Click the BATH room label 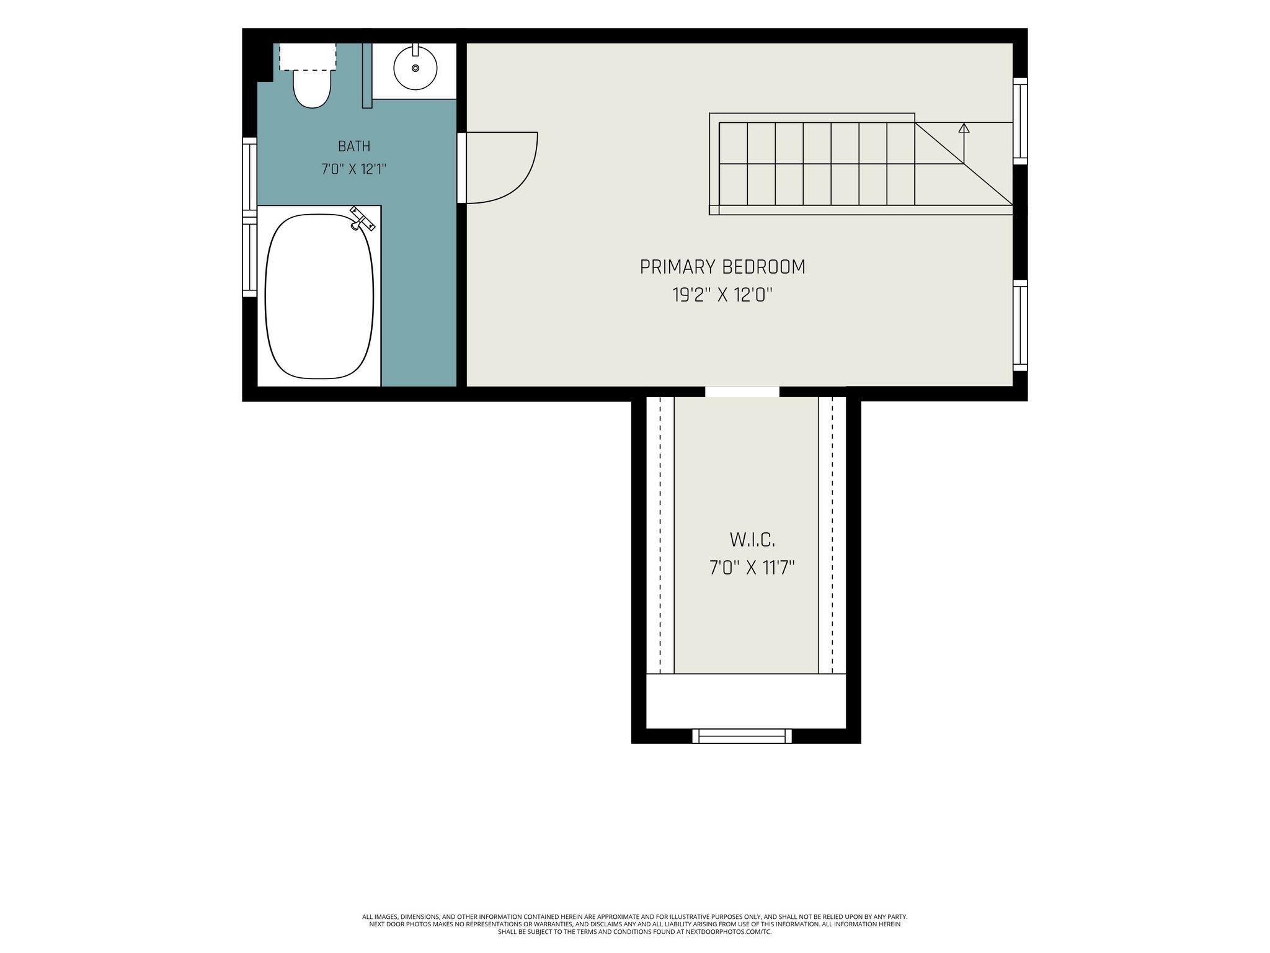[x=354, y=146]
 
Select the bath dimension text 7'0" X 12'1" [x=354, y=169]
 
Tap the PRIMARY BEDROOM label [x=722, y=267]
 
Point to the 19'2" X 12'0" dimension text [x=722, y=295]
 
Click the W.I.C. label [x=752, y=540]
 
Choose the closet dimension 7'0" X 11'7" [x=752, y=568]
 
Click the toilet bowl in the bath [x=312, y=88]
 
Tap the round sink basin [x=415, y=68]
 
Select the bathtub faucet [x=362, y=218]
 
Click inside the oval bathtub [x=319, y=297]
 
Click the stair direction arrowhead [x=964, y=128]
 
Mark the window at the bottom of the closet [x=742, y=736]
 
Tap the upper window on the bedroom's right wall [x=1020, y=121]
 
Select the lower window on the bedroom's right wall [x=1020, y=325]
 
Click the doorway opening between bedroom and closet [x=742, y=391]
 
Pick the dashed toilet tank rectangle [x=308, y=56]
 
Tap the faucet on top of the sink [x=415, y=50]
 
